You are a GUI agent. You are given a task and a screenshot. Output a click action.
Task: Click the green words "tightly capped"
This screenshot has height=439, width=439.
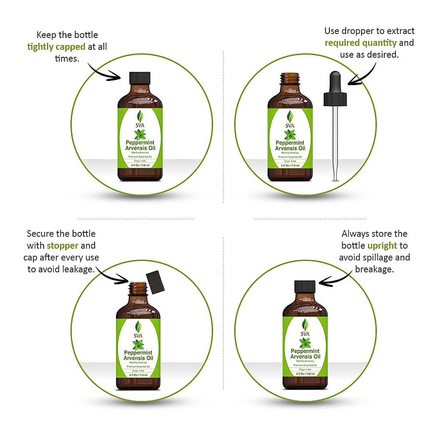coord(56,47)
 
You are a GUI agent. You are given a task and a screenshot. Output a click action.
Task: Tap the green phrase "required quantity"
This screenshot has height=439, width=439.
coord(360,43)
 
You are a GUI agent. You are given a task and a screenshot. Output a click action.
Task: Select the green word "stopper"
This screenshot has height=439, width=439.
coord(63,245)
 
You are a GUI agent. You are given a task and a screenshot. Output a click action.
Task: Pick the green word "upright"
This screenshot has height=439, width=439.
coord(382,245)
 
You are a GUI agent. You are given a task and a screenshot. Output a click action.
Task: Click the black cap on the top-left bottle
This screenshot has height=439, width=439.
coord(140,78)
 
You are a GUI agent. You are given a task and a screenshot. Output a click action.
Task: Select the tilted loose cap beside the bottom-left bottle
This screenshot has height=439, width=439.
coord(155,281)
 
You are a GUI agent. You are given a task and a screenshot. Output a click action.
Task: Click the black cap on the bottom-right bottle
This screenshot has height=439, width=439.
coord(305,287)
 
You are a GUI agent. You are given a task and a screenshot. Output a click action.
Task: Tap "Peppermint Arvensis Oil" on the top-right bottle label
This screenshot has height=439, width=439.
coord(290,146)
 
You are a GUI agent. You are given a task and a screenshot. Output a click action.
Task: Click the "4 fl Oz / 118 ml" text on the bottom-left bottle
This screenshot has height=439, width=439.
coord(138,375)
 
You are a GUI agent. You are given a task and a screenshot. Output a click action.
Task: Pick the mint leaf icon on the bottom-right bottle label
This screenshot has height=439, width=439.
coord(305,343)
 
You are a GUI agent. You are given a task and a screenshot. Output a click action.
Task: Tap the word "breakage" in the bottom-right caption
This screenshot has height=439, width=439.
coord(374,269)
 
